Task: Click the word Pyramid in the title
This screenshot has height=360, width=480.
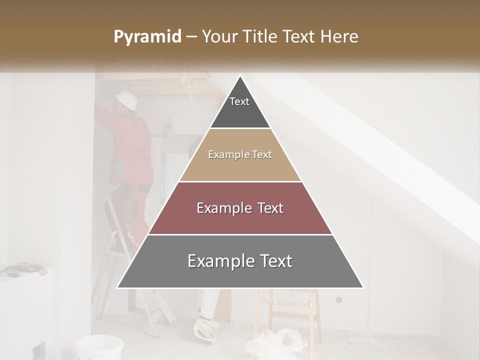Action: [147, 37]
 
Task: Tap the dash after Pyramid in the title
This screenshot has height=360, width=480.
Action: [191, 37]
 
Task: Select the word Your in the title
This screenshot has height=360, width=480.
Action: [219, 37]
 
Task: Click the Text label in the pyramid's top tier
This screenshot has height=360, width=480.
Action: [239, 101]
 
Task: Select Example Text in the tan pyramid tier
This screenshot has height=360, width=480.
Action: [240, 154]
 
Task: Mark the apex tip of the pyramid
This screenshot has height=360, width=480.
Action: [240, 76]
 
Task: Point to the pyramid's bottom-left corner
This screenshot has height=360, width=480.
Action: [117, 287]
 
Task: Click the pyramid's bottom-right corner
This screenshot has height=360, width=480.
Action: [363, 287]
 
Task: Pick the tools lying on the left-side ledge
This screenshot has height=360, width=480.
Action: [20, 269]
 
